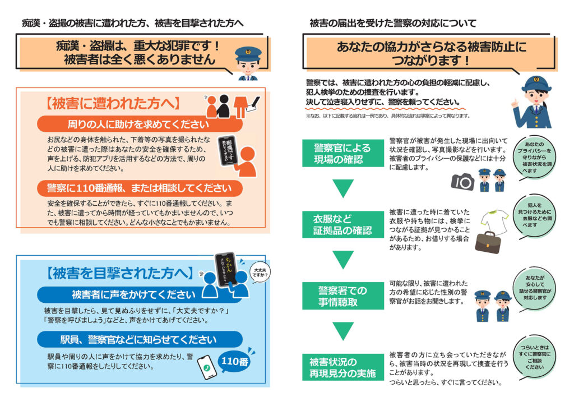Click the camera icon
coord(463,181)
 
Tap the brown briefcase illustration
coord(488,242)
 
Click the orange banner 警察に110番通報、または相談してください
coord(140,187)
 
